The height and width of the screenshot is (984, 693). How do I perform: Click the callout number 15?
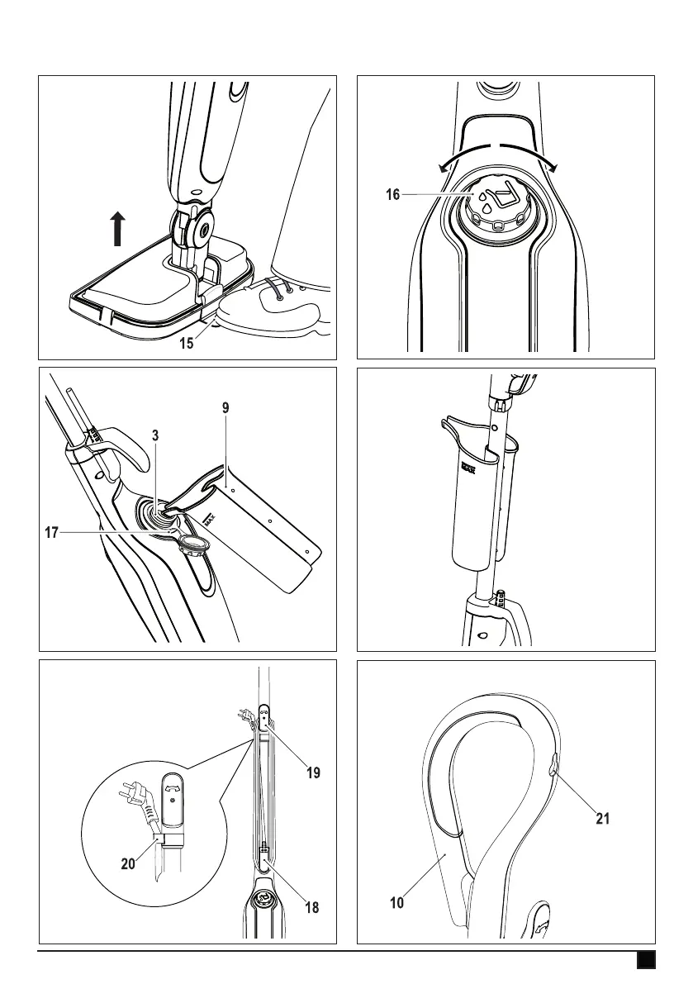[187, 343]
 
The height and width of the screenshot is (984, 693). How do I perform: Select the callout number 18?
[311, 907]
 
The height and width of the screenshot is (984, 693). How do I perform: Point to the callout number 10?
[397, 903]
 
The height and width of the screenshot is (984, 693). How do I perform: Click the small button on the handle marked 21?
[553, 769]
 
